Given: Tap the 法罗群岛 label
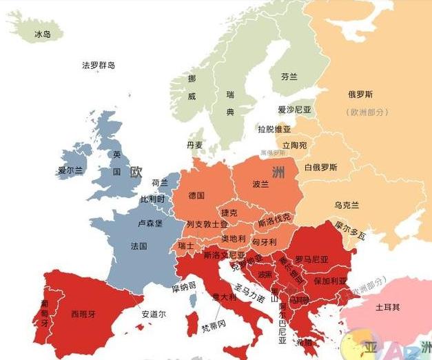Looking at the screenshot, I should [x=99, y=66].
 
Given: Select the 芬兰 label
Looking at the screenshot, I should [x=289, y=77].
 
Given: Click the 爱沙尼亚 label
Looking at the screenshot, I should [x=294, y=110].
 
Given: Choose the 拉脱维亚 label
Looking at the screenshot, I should [x=274, y=129].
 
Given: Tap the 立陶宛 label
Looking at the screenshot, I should [x=294, y=146].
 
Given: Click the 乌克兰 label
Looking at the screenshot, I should [x=346, y=205].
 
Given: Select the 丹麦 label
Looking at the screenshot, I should [x=195, y=145].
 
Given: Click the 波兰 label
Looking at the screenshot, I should [x=260, y=185].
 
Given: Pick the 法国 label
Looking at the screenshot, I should [x=138, y=246].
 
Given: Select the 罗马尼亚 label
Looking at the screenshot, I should [x=312, y=259].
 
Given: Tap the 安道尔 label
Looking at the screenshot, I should [x=154, y=314].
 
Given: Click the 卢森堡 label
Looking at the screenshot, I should [x=150, y=223].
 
